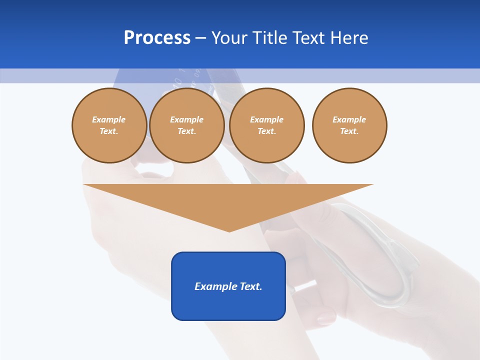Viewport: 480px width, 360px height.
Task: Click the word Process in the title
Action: [157, 37]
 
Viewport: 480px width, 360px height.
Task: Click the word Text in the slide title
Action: [310, 37]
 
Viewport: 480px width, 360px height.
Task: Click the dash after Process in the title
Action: [200, 38]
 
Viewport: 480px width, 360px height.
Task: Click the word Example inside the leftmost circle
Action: [109, 119]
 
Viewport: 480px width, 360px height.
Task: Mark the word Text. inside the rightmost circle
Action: [349, 131]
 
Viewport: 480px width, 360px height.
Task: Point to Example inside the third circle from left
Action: [267, 119]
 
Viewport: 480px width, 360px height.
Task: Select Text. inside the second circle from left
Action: [187, 131]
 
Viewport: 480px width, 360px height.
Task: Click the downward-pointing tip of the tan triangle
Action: [229, 229]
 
